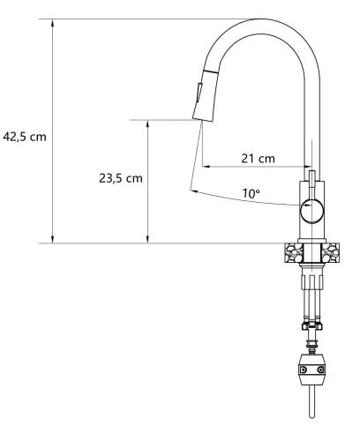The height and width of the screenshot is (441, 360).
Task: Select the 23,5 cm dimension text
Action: click(x=120, y=177)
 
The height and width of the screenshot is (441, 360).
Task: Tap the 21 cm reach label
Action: click(x=258, y=158)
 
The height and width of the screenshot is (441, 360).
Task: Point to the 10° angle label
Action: click(x=253, y=193)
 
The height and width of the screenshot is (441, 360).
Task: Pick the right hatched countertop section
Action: click(x=331, y=252)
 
